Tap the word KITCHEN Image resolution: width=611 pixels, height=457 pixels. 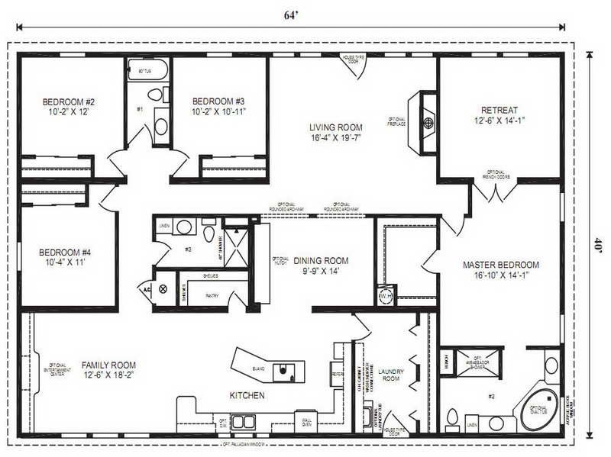coord(247,396)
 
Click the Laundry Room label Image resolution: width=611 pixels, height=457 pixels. coord(390,374)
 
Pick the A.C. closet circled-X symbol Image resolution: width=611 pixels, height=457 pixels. coord(163,288)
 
